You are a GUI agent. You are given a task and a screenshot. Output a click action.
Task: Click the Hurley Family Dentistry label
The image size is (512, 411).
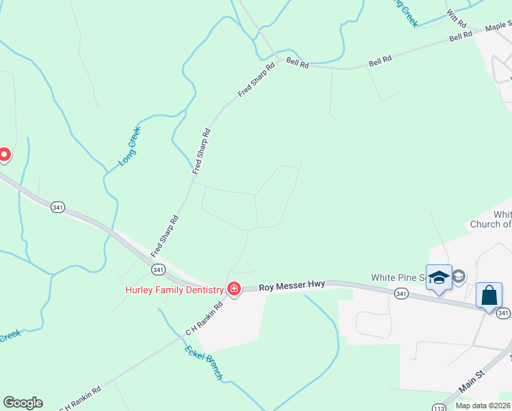click(x=175, y=290)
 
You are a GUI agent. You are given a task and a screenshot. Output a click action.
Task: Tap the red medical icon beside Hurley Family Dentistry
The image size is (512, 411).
click(x=234, y=289)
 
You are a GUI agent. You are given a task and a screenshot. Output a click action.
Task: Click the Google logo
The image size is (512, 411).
click(x=23, y=403)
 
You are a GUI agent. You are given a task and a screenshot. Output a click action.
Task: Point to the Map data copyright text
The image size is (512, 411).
click(x=483, y=406)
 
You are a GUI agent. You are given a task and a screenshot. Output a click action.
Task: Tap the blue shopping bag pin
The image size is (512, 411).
click(x=489, y=297)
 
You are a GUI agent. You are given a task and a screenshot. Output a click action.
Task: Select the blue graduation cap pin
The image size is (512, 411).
click(x=439, y=277)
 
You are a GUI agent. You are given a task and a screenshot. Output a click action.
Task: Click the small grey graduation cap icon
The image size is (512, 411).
click(x=459, y=277)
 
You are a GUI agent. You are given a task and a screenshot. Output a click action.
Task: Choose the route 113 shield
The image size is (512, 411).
click(x=438, y=408)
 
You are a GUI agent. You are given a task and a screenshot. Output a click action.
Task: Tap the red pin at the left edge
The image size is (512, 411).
click(x=3, y=155)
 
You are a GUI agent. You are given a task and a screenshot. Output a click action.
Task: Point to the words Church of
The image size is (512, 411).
click(x=490, y=224)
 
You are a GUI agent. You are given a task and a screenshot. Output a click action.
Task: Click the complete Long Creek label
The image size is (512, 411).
click(x=129, y=146)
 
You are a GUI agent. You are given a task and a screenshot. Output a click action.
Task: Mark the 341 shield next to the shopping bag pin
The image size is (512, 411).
click(x=503, y=313)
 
